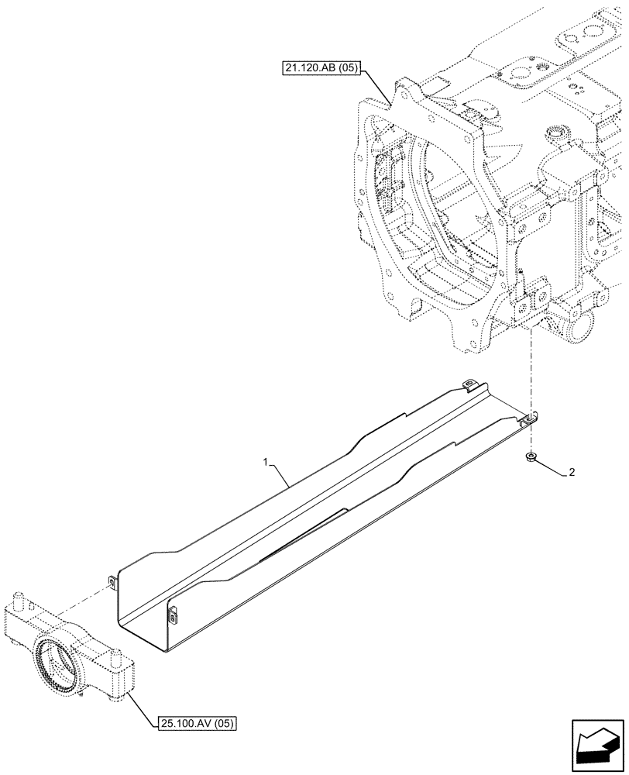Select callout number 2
pos(572,471)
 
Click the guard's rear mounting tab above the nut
pos(528,419)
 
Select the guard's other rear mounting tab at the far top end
pos(468,384)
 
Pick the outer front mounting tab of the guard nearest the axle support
pos(112,581)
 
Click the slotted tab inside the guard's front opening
pos(171,615)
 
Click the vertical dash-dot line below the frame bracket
pos(531,372)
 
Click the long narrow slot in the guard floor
pos(302,535)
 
